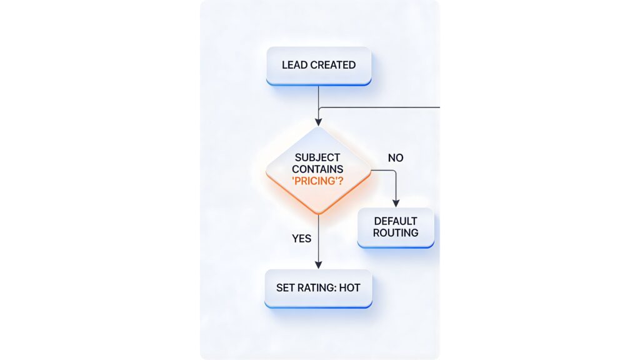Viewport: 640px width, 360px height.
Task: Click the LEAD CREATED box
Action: [319, 66]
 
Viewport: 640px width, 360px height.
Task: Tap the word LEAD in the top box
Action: [294, 65]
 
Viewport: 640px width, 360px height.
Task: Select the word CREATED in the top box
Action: [333, 65]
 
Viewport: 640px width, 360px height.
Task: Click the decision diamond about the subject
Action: [319, 170]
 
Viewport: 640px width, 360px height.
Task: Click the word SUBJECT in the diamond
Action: [318, 157]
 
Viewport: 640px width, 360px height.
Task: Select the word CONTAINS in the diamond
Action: [318, 169]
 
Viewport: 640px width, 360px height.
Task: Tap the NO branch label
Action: [396, 158]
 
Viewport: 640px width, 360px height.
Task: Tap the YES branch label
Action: [301, 238]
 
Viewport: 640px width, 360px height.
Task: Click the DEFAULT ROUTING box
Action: [396, 227]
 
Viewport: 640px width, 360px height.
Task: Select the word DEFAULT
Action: [396, 221]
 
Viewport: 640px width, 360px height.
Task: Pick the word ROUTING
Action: [396, 233]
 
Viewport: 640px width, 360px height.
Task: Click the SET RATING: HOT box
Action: [319, 288]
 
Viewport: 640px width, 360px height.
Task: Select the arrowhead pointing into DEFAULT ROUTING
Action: [396, 203]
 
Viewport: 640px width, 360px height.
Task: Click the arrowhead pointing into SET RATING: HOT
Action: [319, 264]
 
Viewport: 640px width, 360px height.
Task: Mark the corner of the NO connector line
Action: [396, 170]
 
